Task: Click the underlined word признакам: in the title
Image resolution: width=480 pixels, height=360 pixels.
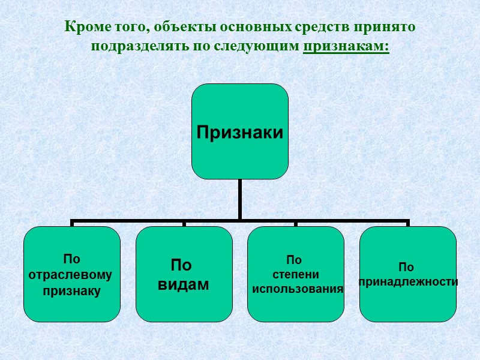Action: pyautogui.click(x=346, y=46)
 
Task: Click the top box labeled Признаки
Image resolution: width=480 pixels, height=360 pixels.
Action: pyautogui.click(x=239, y=131)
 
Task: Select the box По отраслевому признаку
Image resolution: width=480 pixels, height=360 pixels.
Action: pyautogui.click(x=71, y=274)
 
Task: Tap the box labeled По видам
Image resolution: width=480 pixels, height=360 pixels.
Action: pyautogui.click(x=184, y=274)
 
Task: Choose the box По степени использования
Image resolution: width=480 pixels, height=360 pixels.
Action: pyautogui.click(x=296, y=274)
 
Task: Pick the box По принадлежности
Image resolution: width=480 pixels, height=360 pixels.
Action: pyautogui.click(x=408, y=274)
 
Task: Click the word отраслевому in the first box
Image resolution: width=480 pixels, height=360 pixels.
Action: pyautogui.click(x=71, y=275)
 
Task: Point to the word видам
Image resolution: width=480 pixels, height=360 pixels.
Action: pyautogui.click(x=184, y=284)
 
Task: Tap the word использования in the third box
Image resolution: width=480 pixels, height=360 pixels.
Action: pyautogui.click(x=298, y=289)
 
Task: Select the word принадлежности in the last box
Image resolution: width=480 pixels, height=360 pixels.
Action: pyautogui.click(x=408, y=281)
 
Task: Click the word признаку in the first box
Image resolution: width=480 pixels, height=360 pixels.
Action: pyautogui.click(x=71, y=291)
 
